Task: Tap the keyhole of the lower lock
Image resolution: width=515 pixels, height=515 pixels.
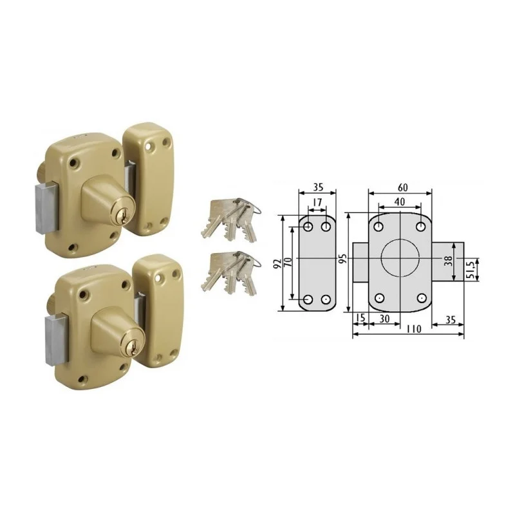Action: tap(133, 348)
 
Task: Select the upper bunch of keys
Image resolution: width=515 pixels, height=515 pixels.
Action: tap(230, 219)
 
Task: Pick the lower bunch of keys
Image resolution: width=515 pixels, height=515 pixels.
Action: tap(230, 273)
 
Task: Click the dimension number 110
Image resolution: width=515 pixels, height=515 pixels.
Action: tap(413, 329)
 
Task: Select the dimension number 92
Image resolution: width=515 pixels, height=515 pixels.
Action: tap(278, 263)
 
